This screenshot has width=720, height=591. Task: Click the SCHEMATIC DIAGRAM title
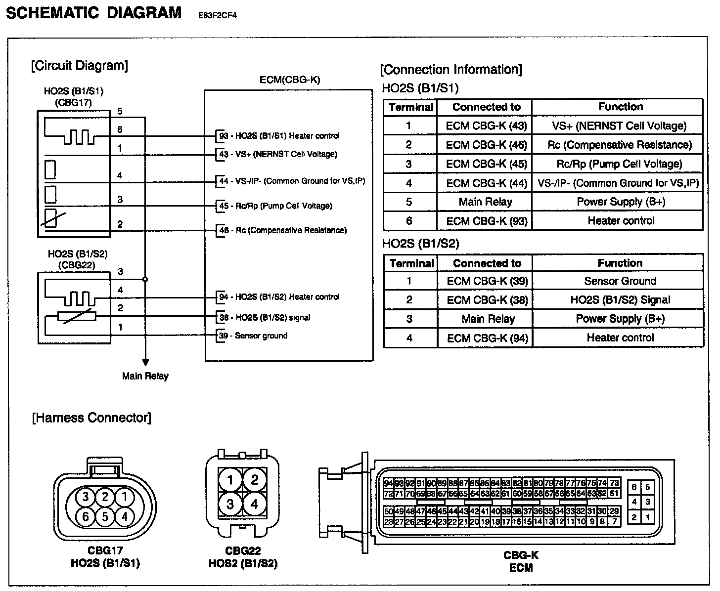click(93, 12)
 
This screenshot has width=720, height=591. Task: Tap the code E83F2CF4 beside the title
click(218, 15)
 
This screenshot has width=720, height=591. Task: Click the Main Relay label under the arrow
click(145, 376)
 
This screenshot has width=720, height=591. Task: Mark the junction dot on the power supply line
click(145, 279)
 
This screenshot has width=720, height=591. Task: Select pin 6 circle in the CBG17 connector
click(85, 516)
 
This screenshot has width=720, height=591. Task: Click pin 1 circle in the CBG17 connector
click(125, 496)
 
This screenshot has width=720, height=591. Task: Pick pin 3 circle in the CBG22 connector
click(230, 504)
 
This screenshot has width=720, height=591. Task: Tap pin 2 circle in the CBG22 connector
click(255, 479)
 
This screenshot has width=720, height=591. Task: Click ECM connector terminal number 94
click(388, 483)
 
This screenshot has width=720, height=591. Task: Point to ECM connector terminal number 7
click(614, 521)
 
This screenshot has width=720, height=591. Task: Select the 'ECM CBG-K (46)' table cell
click(487, 145)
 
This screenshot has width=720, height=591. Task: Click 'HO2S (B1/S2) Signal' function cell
click(620, 300)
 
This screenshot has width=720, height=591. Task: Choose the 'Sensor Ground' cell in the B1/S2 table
click(620, 281)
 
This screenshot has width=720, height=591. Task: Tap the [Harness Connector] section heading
click(91, 418)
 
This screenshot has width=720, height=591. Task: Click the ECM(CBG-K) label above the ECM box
click(290, 80)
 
